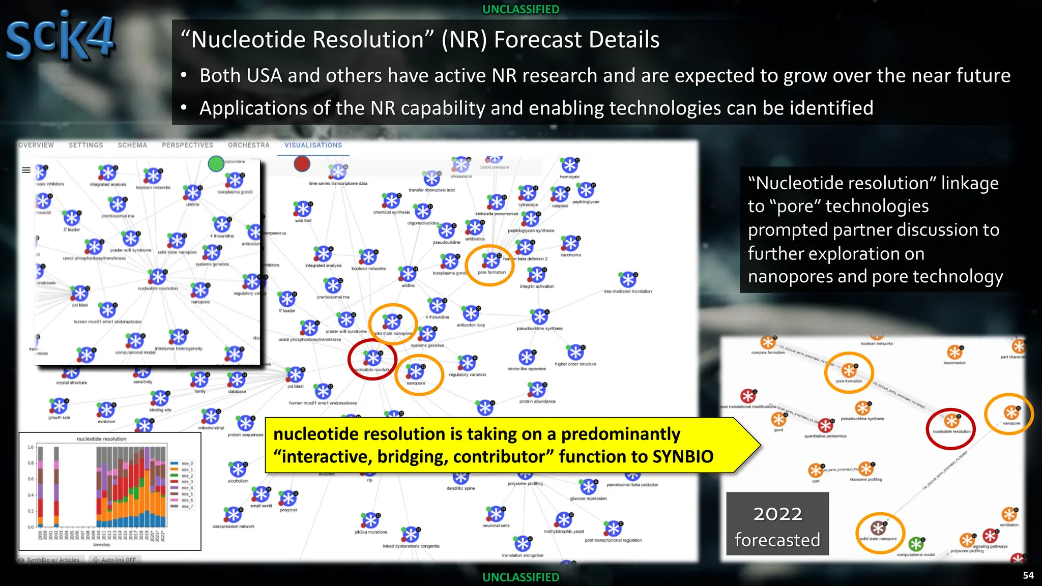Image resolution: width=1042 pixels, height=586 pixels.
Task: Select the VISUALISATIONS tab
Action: tap(313, 145)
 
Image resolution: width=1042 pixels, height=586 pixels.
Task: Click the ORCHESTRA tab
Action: tap(248, 145)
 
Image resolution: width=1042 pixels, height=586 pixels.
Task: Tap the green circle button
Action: tap(216, 164)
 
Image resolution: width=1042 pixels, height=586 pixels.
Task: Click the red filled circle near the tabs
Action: tap(302, 164)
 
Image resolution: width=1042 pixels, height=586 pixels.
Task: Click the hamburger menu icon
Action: tap(26, 170)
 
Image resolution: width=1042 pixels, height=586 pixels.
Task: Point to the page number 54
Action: tap(1028, 575)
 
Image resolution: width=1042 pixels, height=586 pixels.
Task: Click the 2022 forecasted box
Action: tap(777, 524)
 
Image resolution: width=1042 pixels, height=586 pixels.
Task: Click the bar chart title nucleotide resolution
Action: tap(101, 438)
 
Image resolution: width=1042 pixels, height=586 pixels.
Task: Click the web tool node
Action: tap(303, 209)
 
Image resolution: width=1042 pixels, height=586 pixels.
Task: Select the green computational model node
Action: tap(916, 544)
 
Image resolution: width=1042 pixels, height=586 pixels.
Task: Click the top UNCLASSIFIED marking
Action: tap(520, 9)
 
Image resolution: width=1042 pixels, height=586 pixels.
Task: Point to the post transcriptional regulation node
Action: tap(613, 529)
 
